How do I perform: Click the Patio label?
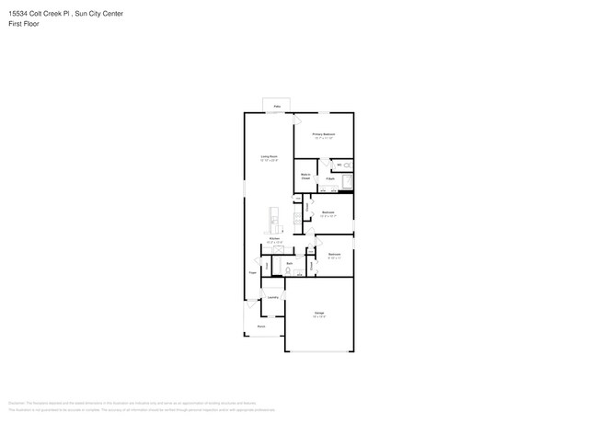pyautogui.click(x=277, y=107)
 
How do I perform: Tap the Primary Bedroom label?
pyautogui.click(x=323, y=134)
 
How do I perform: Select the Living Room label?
pyautogui.click(x=269, y=157)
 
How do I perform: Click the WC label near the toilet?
pyautogui.click(x=339, y=166)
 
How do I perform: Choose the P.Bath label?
pyautogui.click(x=329, y=178)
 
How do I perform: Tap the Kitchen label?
pyautogui.click(x=274, y=238)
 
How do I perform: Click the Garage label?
pyautogui.click(x=318, y=314)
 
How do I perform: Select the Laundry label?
pyautogui.click(x=272, y=298)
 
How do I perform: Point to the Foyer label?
pyautogui.click(x=252, y=273)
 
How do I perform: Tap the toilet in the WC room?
pyautogui.click(x=348, y=165)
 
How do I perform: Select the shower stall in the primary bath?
pyautogui.click(x=347, y=180)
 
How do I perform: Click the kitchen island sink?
pyautogui.click(x=273, y=220)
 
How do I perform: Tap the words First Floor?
pyautogui.click(x=22, y=23)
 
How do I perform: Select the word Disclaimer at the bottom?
pyautogui.click(x=16, y=403)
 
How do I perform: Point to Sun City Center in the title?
pyautogui.click(x=98, y=14)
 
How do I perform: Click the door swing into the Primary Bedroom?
pyautogui.click(x=297, y=120)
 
